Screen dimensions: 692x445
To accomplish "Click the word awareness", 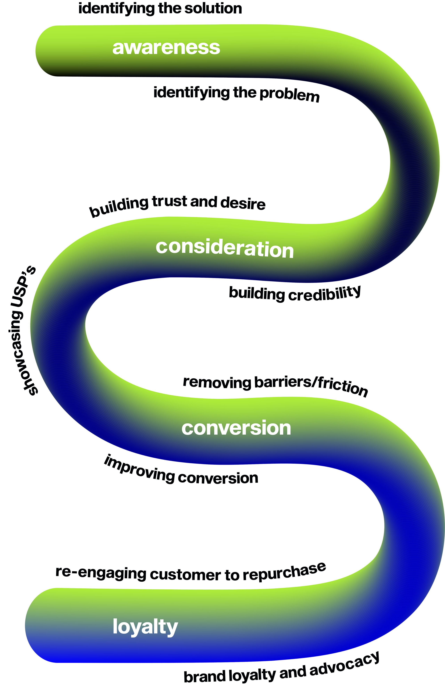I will pyautogui.click(x=166, y=48).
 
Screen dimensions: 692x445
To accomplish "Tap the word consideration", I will pyautogui.click(x=225, y=248).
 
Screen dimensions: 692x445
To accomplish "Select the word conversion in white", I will pyautogui.click(x=236, y=428).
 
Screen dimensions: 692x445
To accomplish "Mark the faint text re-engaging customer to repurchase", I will pyautogui.click(x=191, y=573).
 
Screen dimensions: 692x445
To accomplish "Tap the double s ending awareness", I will pyautogui.click(x=211, y=48).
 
